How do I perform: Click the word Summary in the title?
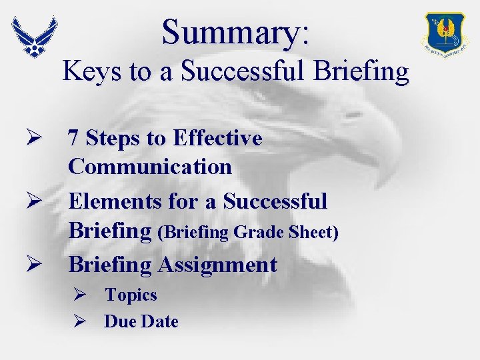point(230,32)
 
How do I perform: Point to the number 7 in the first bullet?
point(74,139)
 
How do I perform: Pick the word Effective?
point(217,139)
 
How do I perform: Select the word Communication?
point(150,167)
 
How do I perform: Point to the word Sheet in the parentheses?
point(312,233)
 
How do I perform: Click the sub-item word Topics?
point(131,295)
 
